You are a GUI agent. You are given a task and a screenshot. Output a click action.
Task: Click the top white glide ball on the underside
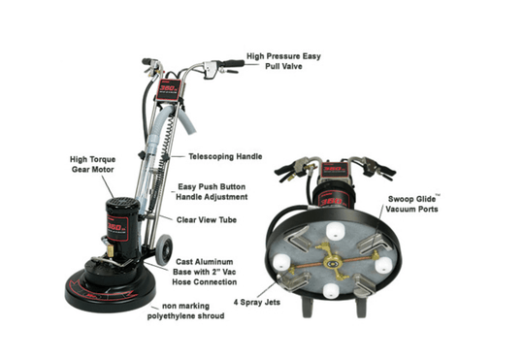tap(337, 231)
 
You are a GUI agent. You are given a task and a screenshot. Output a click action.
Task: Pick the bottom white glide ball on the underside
tap(332, 289)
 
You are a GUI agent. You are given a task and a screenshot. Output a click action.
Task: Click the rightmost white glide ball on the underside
tap(383, 264)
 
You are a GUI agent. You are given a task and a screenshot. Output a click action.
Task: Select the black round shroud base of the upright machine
tap(107, 287)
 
